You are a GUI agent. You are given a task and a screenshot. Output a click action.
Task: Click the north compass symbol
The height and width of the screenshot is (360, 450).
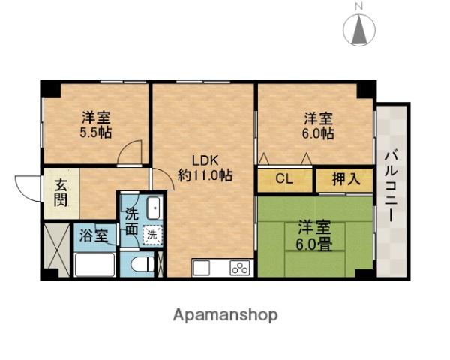click(x=359, y=28)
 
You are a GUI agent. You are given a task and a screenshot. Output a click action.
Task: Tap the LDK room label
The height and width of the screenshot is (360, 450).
click(x=203, y=160)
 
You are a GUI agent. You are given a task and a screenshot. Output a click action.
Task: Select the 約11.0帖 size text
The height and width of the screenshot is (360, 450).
click(x=204, y=175)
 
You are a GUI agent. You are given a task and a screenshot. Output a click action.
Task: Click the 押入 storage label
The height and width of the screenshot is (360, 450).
click(x=343, y=179)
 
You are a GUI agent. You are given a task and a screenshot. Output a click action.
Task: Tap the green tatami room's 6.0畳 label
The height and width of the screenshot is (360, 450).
click(x=314, y=243)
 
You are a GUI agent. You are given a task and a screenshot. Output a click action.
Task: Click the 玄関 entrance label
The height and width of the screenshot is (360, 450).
click(x=59, y=194)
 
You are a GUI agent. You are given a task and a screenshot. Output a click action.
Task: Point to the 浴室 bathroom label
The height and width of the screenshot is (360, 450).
click(x=94, y=235)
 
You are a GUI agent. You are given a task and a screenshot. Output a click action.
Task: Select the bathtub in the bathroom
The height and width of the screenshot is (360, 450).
click(x=94, y=265)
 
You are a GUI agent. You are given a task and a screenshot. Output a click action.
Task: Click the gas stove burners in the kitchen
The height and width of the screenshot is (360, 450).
click(x=240, y=267)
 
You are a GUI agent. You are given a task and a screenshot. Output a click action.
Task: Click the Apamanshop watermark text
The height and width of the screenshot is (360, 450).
click(x=226, y=314)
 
